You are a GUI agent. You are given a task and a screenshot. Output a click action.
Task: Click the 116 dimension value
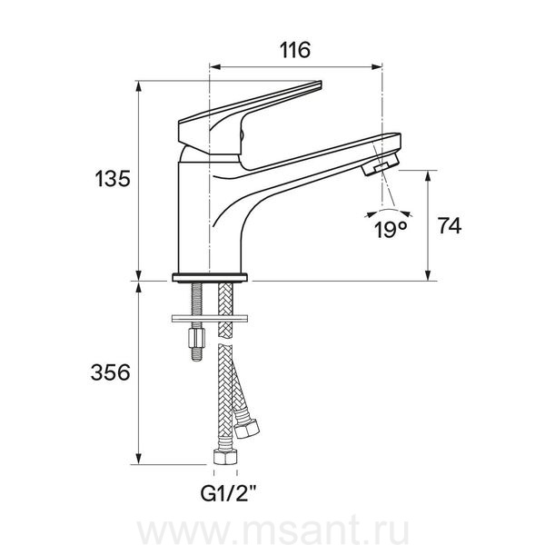click(295, 50)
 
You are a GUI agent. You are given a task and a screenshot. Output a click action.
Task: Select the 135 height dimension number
click(113, 179)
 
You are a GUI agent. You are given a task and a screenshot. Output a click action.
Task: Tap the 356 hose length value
click(110, 372)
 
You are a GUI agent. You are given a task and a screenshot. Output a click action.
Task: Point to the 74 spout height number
click(450, 226)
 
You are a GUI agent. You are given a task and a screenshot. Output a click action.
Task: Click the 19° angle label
click(391, 229)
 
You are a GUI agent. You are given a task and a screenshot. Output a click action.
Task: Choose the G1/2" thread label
click(229, 492)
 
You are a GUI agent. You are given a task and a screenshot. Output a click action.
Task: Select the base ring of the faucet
click(210, 277)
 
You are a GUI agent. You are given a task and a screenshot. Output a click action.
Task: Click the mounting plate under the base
click(210, 318)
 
